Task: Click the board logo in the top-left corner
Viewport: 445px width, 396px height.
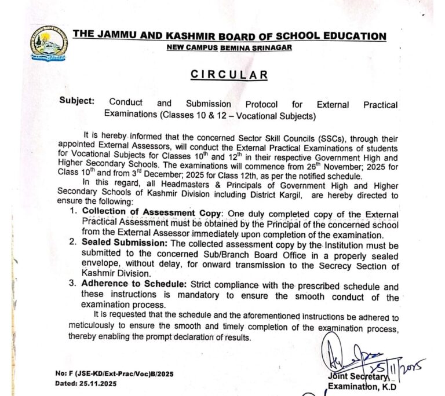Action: (48, 43)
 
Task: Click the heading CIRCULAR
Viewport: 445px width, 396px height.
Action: (229, 75)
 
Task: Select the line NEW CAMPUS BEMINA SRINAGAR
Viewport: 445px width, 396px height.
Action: (229, 47)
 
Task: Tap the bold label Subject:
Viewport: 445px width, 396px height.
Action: (76, 101)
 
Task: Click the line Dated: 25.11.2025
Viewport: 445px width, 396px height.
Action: (86, 383)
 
